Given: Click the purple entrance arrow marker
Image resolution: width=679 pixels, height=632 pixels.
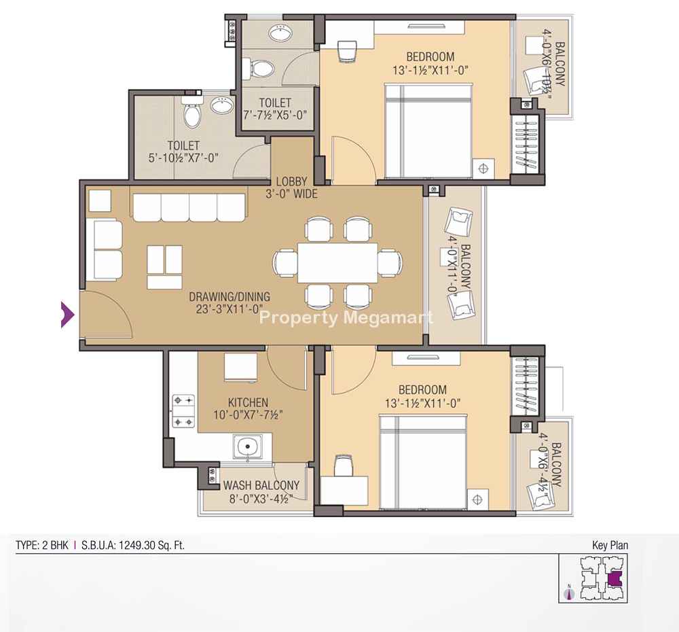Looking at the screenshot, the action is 67,314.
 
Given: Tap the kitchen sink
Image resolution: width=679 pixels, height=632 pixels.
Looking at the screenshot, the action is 247,446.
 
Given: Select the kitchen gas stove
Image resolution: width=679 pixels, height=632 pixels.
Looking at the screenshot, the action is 183,410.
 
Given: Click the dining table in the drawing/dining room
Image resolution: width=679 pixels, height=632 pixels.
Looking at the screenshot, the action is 337,263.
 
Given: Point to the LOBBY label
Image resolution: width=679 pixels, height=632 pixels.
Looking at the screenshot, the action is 292,181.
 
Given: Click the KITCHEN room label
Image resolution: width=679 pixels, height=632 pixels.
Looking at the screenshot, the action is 248,402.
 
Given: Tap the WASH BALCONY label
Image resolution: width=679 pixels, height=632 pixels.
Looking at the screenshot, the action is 261,485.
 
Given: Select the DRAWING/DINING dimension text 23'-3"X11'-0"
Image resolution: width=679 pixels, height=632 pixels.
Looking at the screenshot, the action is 230,309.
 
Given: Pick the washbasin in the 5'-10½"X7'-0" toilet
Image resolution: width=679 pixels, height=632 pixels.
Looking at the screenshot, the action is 222,105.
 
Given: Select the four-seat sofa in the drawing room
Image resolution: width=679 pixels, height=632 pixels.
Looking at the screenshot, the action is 189,208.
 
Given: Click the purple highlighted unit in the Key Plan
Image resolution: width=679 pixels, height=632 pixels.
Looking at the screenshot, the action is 614,579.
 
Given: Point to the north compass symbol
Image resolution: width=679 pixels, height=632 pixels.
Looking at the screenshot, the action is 570,593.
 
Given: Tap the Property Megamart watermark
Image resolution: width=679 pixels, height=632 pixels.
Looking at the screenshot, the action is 346,318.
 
